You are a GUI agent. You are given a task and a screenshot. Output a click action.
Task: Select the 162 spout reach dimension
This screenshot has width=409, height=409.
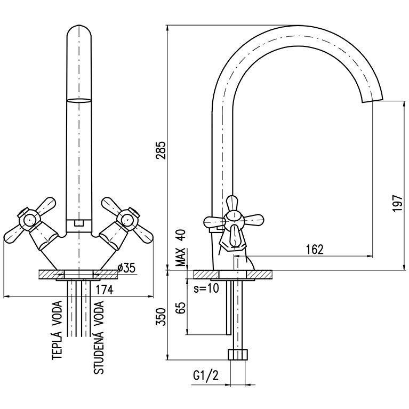click(x=315, y=250)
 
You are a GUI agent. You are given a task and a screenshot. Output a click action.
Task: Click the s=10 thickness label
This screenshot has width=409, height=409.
click(x=206, y=289)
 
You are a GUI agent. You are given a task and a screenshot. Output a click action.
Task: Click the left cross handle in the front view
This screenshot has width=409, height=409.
click(x=29, y=222)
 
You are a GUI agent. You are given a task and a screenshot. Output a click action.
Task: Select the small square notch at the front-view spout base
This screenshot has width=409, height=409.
click(x=78, y=223)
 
